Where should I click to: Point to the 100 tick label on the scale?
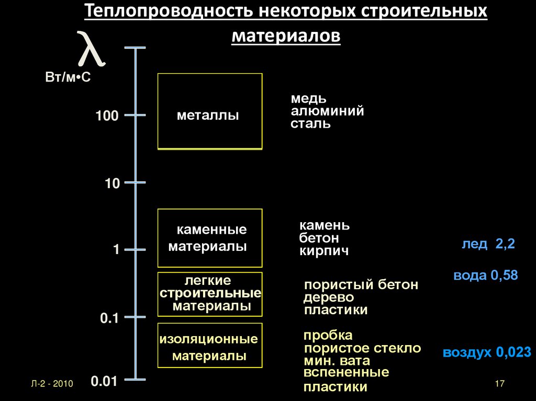pos(107,116)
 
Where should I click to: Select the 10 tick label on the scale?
pos(112,184)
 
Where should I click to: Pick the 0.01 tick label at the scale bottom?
pos(104,382)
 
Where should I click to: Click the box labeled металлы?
pos(210,111)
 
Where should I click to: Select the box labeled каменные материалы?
pos(210,238)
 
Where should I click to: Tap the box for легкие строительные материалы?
pos(210,294)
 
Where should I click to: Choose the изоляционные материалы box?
pos(210,346)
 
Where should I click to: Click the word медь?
pos(309,99)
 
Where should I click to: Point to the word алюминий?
pos(328,111)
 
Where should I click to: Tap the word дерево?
pos(329,297)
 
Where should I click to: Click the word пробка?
pos(328,335)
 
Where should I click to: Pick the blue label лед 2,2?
pos(488,244)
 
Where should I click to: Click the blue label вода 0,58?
pos(485,276)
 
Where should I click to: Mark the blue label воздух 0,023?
pos(487,352)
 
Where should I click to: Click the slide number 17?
pos(498,384)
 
